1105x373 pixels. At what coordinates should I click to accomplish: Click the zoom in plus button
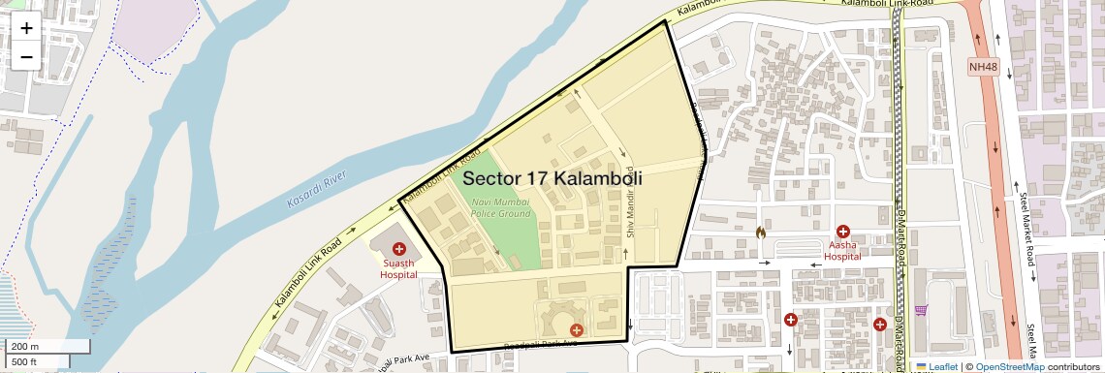pyautogui.click(x=26, y=28)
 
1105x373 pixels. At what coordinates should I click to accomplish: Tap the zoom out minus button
pyautogui.click(x=26, y=56)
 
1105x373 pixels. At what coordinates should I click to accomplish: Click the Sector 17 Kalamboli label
pyautogui.click(x=552, y=179)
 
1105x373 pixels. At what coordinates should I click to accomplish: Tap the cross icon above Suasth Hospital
pyautogui.click(x=397, y=250)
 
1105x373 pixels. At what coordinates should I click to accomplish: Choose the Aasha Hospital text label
pyautogui.click(x=842, y=251)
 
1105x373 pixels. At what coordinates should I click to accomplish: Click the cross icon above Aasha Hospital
pyautogui.click(x=843, y=232)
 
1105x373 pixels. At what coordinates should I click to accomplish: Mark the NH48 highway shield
pyautogui.click(x=983, y=67)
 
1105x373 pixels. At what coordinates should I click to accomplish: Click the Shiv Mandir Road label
pyautogui.click(x=629, y=212)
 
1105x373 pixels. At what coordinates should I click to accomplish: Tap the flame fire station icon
pyautogui.click(x=761, y=233)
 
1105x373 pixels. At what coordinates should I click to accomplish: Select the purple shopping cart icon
pyautogui.click(x=920, y=310)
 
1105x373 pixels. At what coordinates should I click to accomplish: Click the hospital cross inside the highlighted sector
pyautogui.click(x=576, y=330)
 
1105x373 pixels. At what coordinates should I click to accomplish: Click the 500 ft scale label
pyautogui.click(x=24, y=362)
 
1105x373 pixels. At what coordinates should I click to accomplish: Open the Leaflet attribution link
pyautogui.click(x=937, y=366)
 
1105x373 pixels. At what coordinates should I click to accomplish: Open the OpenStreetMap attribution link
pyautogui.click(x=1009, y=366)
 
